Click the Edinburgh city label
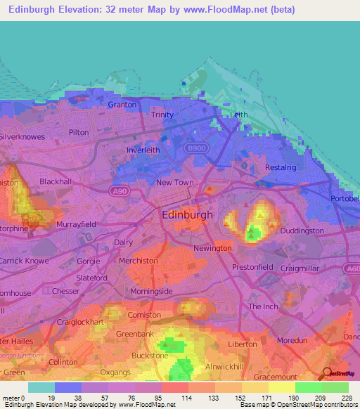pos(187,215)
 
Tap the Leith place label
pos(239,115)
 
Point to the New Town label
pos(174,183)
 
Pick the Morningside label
pos(151,291)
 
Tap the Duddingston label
pos(302,231)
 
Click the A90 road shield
pos(120,190)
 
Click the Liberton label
pos(243,344)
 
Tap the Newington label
pos(212,249)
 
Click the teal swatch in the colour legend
pos(41,387)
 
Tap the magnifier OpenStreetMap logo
pos(327,375)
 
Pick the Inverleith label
pos(143,150)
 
